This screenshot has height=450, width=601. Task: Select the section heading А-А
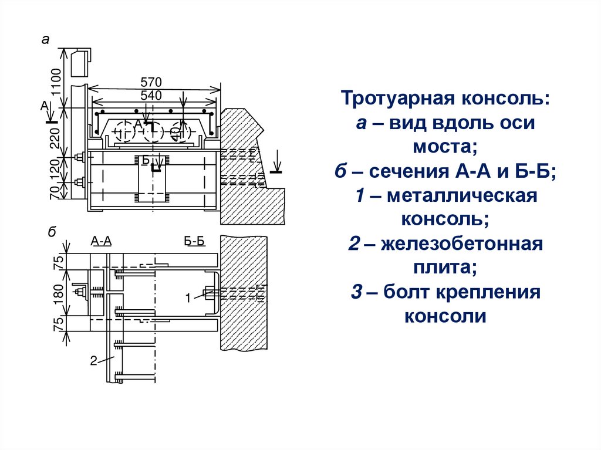[x=101, y=241]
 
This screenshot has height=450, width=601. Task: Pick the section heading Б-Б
[x=194, y=241]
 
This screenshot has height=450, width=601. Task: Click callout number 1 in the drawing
[x=188, y=298]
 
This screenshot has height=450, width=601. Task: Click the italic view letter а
[x=45, y=40]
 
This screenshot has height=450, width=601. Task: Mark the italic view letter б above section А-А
[x=52, y=233]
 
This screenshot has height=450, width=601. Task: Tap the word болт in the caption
[x=410, y=292]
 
